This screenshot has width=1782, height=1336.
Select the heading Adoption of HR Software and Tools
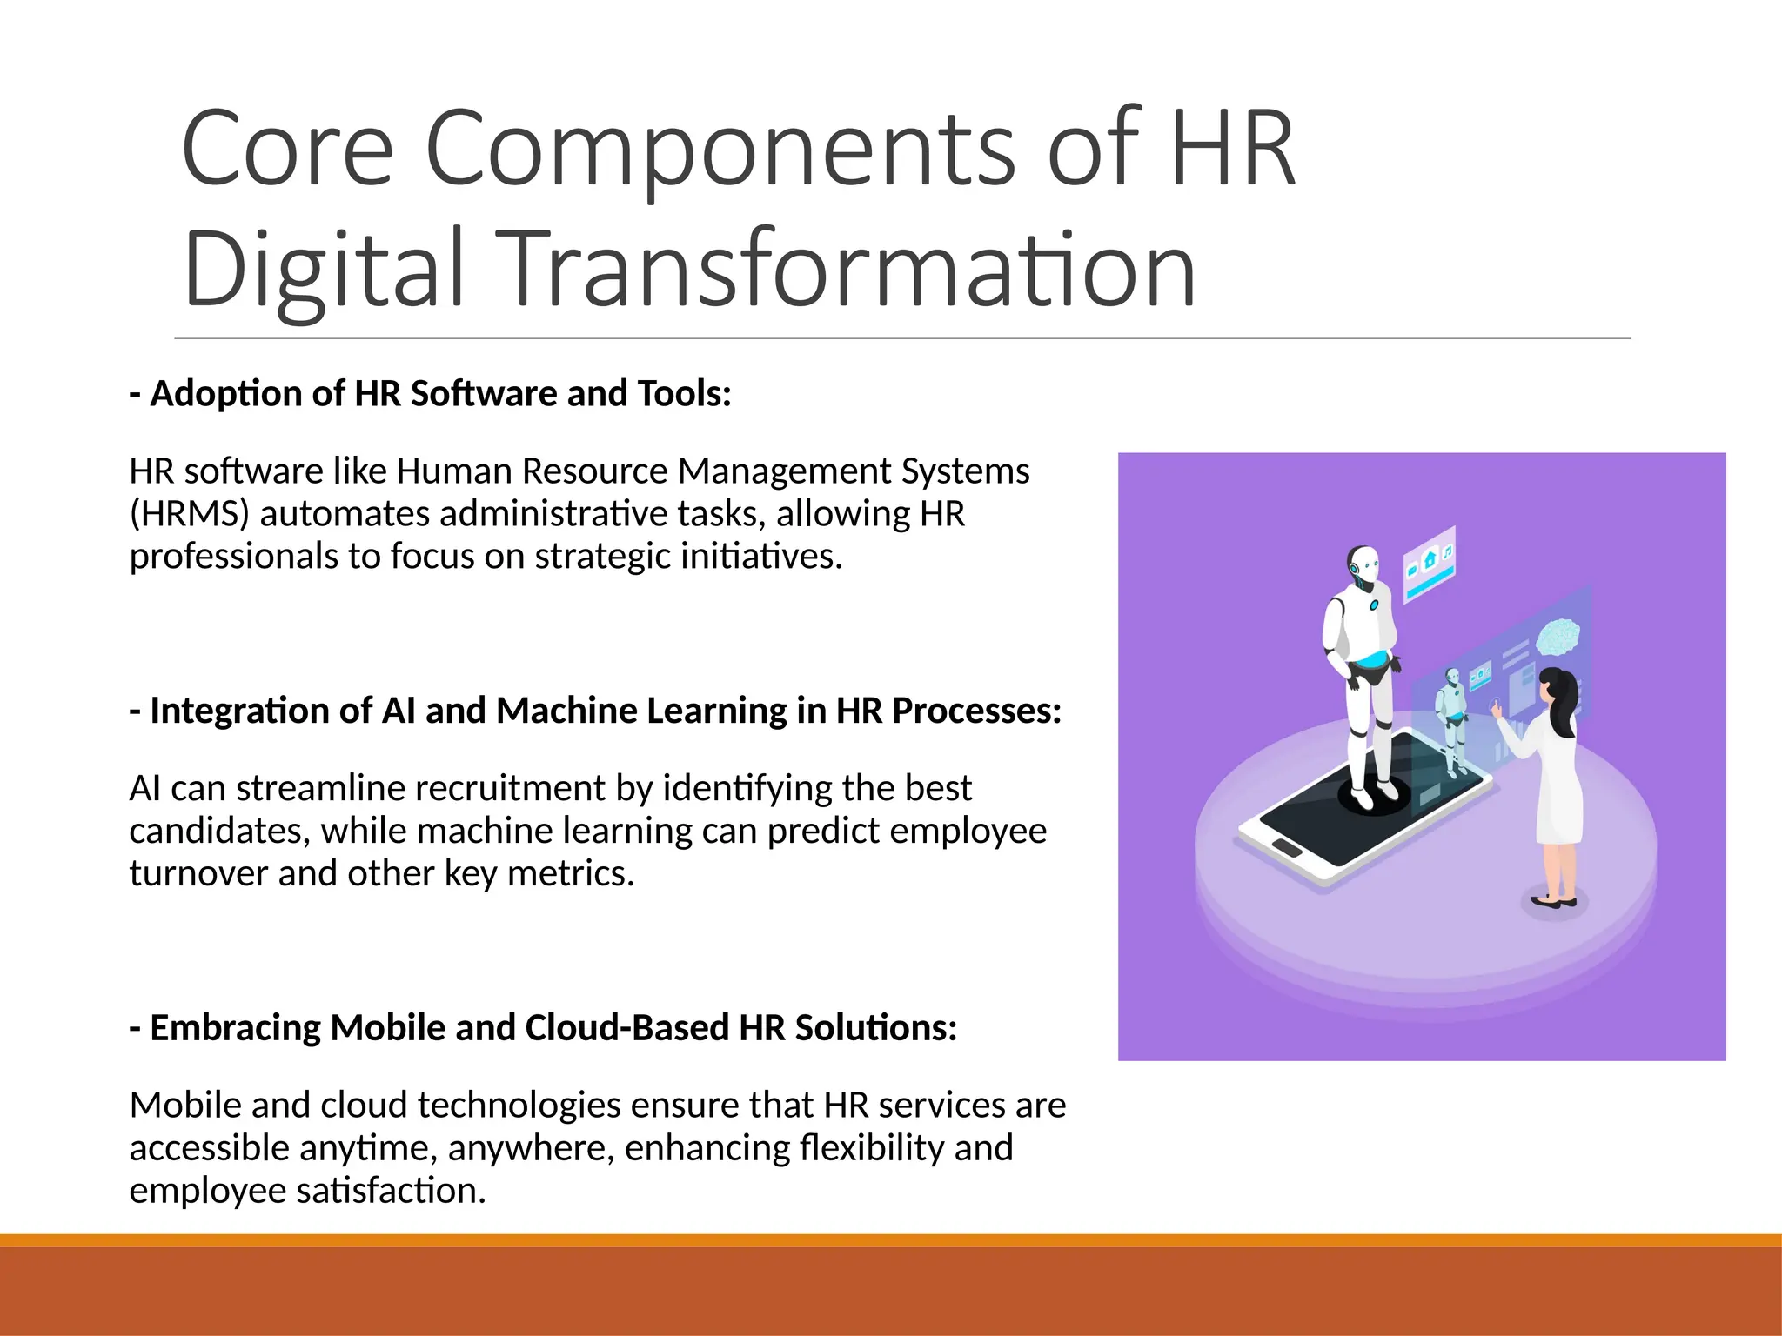tap(431, 394)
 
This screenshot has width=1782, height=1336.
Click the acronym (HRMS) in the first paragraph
tap(189, 514)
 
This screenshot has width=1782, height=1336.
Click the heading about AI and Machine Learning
tap(596, 711)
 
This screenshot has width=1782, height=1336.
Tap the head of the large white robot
tap(1363, 566)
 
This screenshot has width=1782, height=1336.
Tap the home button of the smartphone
tap(1284, 847)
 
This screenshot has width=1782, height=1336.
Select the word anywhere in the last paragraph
tap(532, 1148)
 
